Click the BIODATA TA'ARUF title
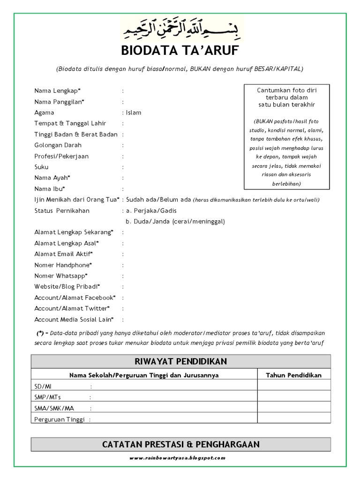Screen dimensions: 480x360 point(180,51)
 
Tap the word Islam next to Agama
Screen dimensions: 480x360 point(134,112)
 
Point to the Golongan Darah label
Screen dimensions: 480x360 point(58,145)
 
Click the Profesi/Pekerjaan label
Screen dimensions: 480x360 point(61,156)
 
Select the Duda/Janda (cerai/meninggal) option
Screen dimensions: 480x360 point(175,221)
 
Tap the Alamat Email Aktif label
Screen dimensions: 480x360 point(63,254)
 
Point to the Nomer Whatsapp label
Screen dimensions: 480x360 point(61,276)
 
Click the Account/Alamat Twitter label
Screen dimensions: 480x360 point(72,308)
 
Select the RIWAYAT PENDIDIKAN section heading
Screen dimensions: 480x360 point(180,361)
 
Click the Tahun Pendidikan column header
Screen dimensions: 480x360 point(294,375)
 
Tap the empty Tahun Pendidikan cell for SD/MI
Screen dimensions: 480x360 point(294,386)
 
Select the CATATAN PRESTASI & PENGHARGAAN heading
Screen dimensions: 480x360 point(180,444)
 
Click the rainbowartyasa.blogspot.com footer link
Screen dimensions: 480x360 point(180,457)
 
